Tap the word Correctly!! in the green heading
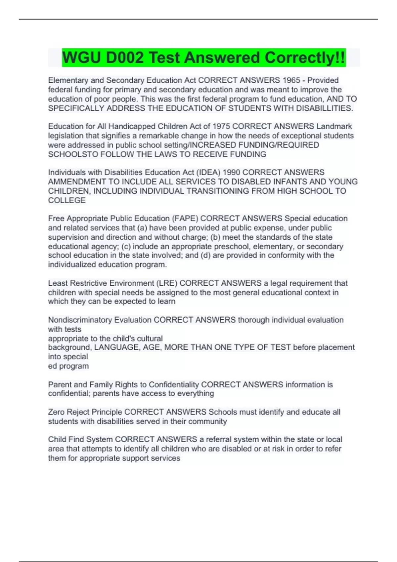click(x=305, y=58)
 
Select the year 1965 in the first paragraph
click(x=291, y=80)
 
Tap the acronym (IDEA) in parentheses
click(x=209, y=173)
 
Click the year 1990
click(x=232, y=173)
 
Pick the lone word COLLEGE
click(x=67, y=200)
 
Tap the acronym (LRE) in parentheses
click(x=167, y=283)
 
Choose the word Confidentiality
click(x=174, y=384)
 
